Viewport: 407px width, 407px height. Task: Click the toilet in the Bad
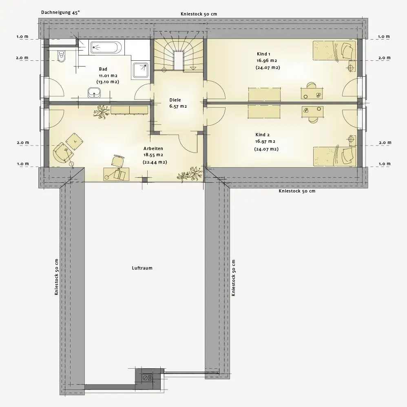tap(62, 56)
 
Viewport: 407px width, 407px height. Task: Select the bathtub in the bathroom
tap(106, 47)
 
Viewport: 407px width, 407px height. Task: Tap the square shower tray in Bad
tap(141, 70)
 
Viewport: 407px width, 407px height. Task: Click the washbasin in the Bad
tap(94, 93)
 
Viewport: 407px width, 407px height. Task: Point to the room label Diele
tap(175, 100)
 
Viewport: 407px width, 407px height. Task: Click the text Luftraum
tap(142, 268)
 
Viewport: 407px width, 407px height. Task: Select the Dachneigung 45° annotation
tap(60, 13)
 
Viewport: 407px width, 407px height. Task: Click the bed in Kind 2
tap(334, 156)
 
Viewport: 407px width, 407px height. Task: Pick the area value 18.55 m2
tap(153, 155)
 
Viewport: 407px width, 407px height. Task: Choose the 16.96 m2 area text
tap(267, 61)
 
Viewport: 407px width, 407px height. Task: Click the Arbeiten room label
tap(153, 148)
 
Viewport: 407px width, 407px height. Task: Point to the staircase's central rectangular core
tap(179, 60)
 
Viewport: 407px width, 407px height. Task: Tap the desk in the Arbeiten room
tap(116, 174)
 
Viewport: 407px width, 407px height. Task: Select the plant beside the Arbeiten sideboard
tap(102, 112)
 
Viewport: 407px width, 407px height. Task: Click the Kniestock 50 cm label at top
tap(199, 14)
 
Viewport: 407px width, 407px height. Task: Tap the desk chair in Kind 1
tap(312, 85)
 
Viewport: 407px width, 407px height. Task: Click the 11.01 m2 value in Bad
tap(108, 76)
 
